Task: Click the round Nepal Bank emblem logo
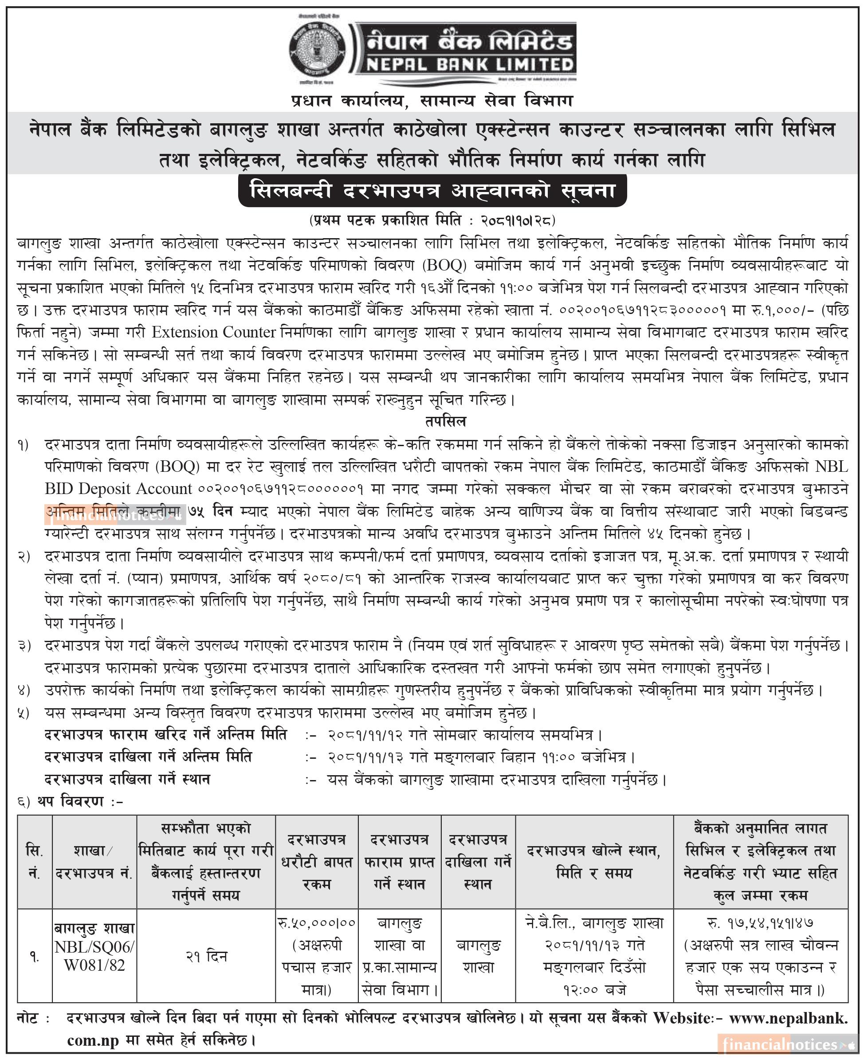click(x=317, y=50)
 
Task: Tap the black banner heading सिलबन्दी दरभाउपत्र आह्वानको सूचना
click(x=432, y=191)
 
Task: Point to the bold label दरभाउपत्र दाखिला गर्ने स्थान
click(x=127, y=779)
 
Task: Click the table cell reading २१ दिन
click(x=206, y=957)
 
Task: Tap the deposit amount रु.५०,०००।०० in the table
click(x=317, y=923)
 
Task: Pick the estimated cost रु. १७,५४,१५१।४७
click(x=761, y=923)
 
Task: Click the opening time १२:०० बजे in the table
click(x=594, y=990)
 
